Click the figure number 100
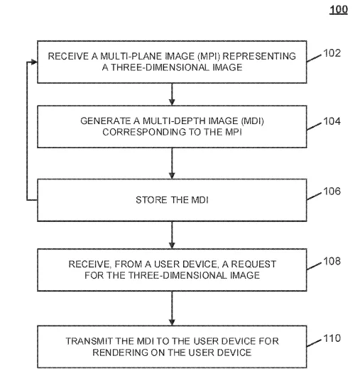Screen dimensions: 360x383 tap(339, 10)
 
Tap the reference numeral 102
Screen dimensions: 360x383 tap(332, 53)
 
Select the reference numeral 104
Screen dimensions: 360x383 tap(332, 121)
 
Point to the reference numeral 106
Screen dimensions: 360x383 tap(332, 191)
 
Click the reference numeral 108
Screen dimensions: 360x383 tap(332, 261)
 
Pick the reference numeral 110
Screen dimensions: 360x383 tap(332, 338)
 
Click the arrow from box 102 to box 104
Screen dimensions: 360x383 tap(172, 94)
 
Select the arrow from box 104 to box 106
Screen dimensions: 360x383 tap(172, 163)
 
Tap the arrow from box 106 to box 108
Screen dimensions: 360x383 tap(172, 235)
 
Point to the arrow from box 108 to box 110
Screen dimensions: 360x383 tap(172, 309)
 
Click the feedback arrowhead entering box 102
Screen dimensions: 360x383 tap(34, 62)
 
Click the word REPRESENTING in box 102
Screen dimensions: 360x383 tap(259, 56)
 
